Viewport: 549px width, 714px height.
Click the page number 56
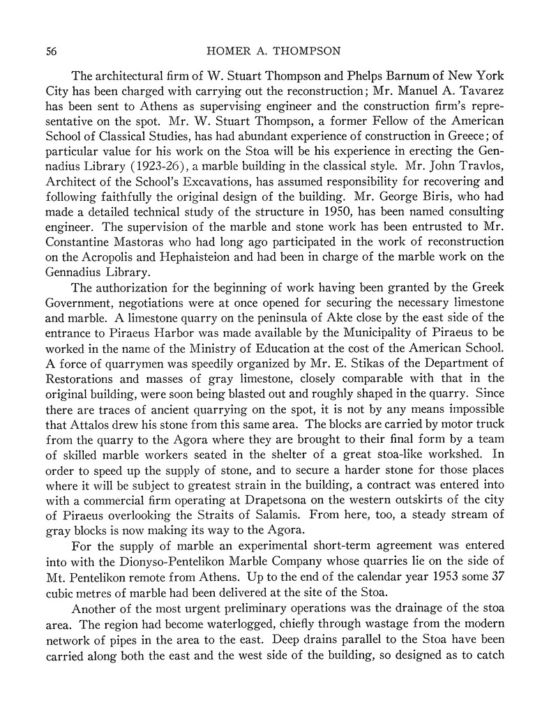pos(51,52)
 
